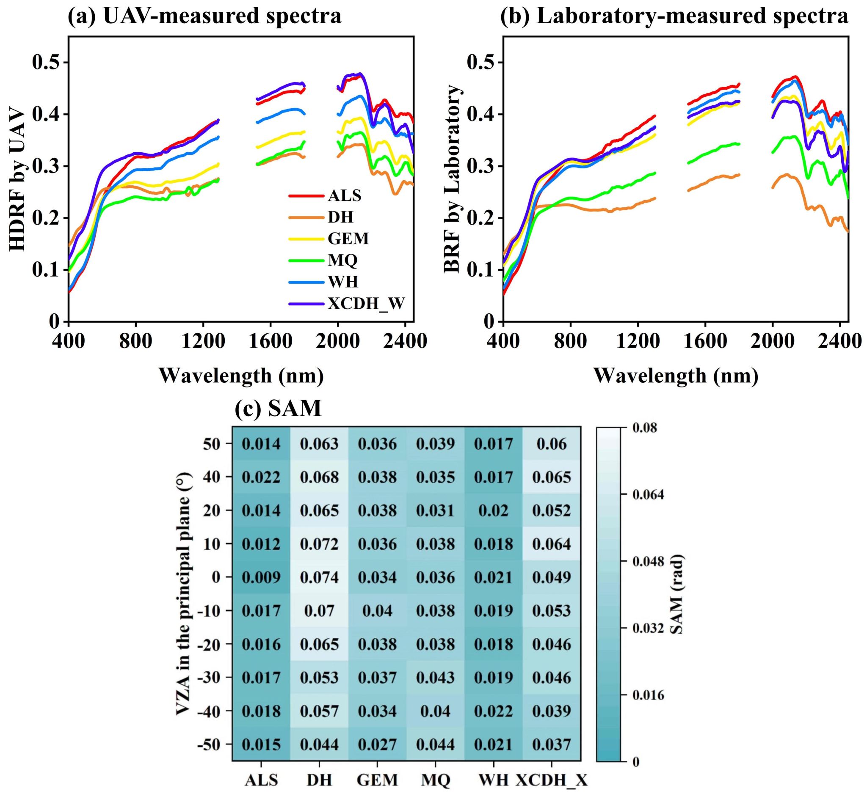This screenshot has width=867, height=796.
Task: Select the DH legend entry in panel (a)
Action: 341,217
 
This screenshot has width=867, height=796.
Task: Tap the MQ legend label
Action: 343,260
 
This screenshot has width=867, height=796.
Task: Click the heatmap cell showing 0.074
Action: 320,577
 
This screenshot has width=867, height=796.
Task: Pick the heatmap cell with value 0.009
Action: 261,577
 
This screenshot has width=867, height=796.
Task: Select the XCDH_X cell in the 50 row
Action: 552,444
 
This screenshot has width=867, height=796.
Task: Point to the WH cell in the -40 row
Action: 494,711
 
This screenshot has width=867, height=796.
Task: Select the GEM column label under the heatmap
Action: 377,780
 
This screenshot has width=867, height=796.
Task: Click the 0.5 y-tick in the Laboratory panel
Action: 482,63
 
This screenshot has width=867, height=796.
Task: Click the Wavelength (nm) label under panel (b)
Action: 676,376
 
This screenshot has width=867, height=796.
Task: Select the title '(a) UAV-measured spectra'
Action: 204,16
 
